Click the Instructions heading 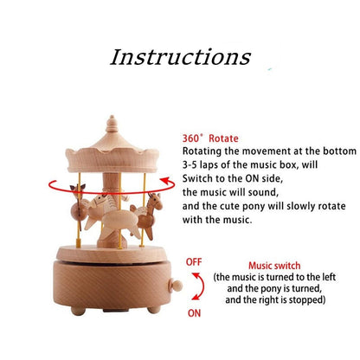[x=180, y=57]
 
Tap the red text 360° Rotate [x=210, y=138]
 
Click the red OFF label [x=194, y=262]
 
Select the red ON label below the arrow [x=194, y=313]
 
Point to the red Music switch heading [x=274, y=266]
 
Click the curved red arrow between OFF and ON [x=201, y=286]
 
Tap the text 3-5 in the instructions [x=190, y=165]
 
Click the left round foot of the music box [x=78, y=311]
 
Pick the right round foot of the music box [x=154, y=310]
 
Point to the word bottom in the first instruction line [x=339, y=151]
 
